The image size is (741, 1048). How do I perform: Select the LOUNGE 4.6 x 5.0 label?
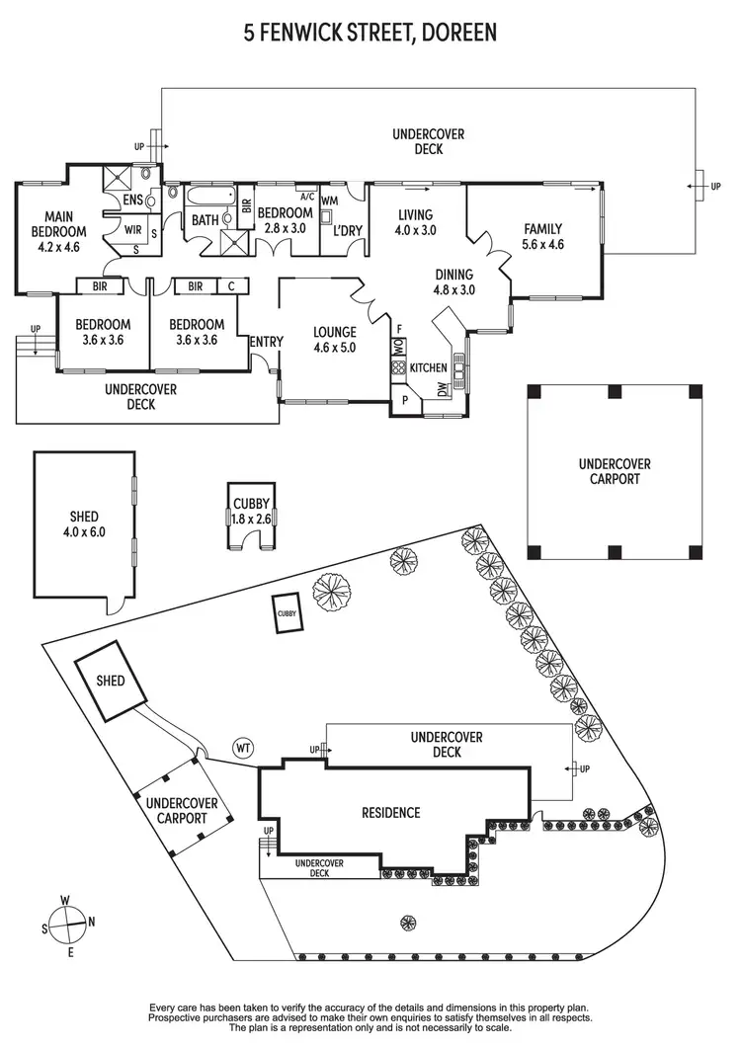click(x=334, y=339)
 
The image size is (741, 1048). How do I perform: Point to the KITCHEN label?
click(x=429, y=367)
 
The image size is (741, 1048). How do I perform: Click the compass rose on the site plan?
click(x=67, y=926)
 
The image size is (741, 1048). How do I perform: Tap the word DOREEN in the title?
click(x=457, y=34)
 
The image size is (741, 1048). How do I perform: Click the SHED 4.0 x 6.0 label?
click(x=84, y=524)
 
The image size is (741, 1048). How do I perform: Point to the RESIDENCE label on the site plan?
click(x=390, y=813)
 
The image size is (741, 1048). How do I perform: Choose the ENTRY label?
click(x=267, y=342)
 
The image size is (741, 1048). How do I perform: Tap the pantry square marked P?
click(x=404, y=401)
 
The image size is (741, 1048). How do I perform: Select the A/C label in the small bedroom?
click(x=305, y=196)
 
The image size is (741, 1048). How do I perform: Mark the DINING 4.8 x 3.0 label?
click(x=454, y=282)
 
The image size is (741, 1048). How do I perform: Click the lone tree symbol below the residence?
click(x=406, y=924)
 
